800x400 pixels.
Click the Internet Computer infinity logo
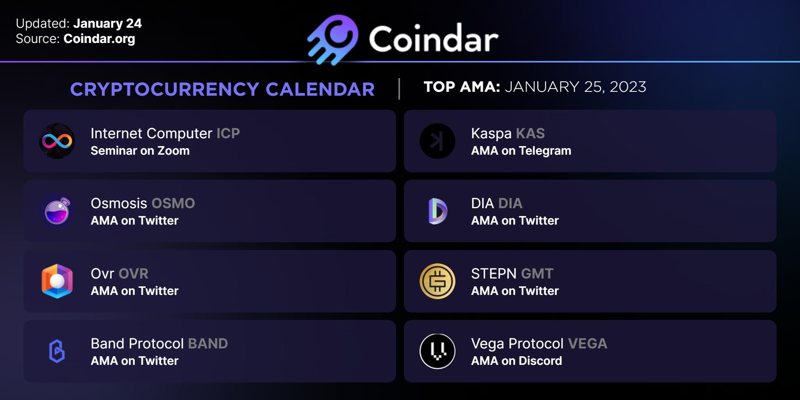click(57, 141)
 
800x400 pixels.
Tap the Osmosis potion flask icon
click(57, 211)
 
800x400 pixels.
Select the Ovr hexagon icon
click(57, 281)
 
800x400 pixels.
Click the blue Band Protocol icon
click(57, 351)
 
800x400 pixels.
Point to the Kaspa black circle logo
click(437, 141)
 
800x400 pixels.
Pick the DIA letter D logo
click(438, 211)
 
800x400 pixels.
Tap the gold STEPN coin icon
click(437, 281)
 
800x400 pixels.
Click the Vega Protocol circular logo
click(437, 351)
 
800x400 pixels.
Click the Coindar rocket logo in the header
click(333, 39)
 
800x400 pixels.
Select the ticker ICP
click(228, 134)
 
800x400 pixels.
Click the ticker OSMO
click(173, 204)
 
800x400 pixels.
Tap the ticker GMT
click(537, 274)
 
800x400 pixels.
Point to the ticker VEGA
click(587, 344)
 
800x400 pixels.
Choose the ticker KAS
click(530, 134)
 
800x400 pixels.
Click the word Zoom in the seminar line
click(173, 151)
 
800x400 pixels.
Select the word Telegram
click(545, 151)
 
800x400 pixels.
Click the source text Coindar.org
click(99, 39)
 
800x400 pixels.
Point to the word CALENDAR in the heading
click(320, 89)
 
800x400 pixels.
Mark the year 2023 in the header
click(628, 87)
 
